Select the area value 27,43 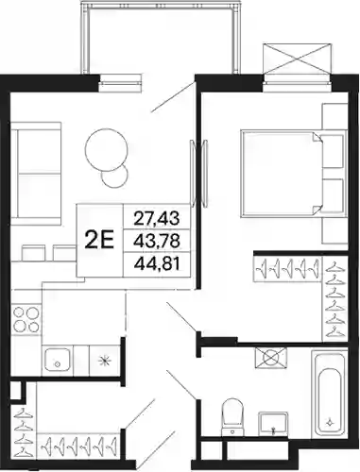click(x=157, y=218)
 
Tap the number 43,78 click(x=157, y=241)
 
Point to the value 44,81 click(x=157, y=264)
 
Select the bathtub click(x=329, y=394)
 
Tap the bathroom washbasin click(x=273, y=424)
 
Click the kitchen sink click(x=57, y=360)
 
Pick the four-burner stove click(x=26, y=320)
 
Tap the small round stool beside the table click(x=115, y=177)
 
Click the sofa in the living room click(x=36, y=174)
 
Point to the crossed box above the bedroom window click(x=298, y=59)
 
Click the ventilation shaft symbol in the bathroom click(x=271, y=358)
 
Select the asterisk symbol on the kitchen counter click(x=105, y=361)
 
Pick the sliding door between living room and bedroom click(x=197, y=172)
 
